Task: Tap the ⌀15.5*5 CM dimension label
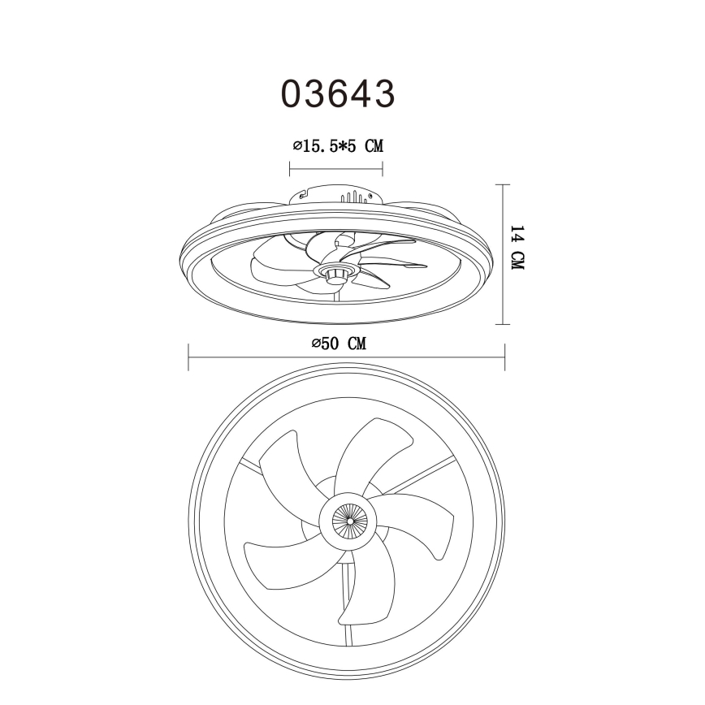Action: click(x=337, y=146)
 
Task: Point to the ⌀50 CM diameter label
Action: click(x=339, y=344)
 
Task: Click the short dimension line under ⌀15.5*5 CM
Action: click(x=336, y=170)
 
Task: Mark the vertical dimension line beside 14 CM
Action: click(x=504, y=253)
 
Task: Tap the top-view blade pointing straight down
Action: click(x=370, y=593)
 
